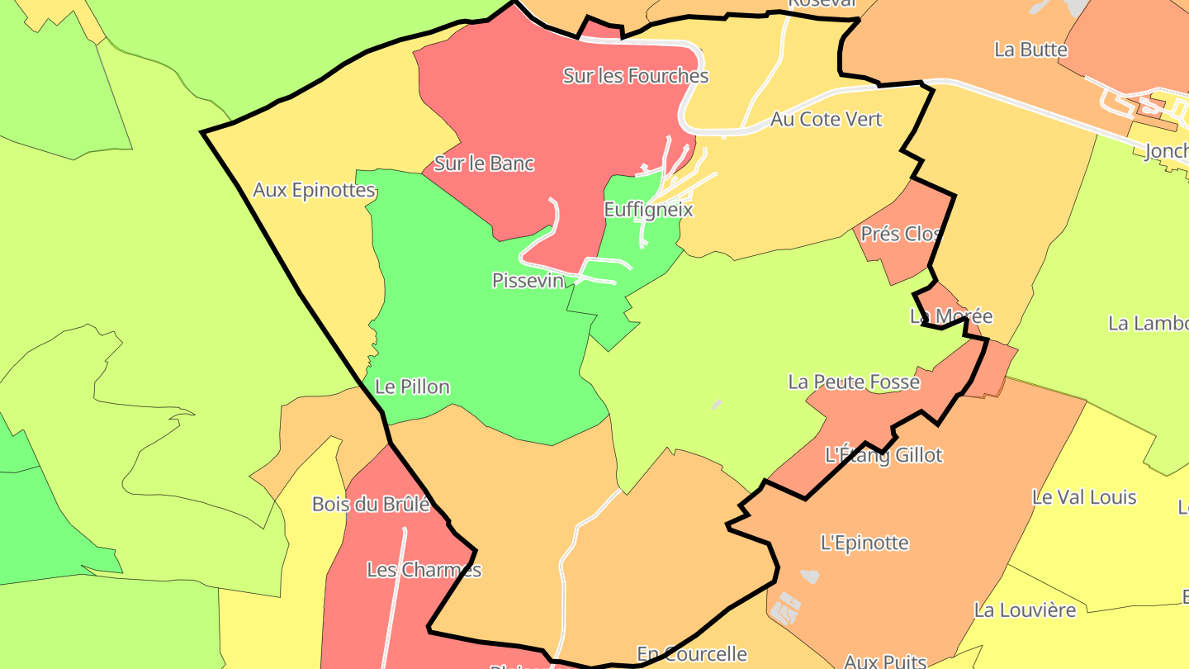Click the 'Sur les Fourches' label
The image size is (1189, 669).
click(636, 76)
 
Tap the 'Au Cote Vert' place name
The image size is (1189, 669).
click(826, 119)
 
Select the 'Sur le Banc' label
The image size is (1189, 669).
click(484, 164)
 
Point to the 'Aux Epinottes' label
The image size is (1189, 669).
click(314, 190)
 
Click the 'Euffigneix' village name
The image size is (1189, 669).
click(648, 210)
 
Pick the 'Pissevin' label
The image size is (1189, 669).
click(528, 281)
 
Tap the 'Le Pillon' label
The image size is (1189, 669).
click(412, 387)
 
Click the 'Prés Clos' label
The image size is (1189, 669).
click(901, 234)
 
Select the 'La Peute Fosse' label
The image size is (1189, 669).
click(854, 382)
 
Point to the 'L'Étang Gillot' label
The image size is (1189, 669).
click(883, 455)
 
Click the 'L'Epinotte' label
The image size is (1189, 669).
click(865, 543)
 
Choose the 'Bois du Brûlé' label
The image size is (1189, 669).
click(371, 504)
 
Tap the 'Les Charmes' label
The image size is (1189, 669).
click(424, 570)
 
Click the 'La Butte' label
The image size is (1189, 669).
click(1030, 50)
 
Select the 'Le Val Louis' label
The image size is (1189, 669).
click(1084, 497)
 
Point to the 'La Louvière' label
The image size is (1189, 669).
click(1025, 610)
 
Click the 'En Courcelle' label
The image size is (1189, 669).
click(692, 654)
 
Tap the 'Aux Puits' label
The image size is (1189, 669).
click(885, 661)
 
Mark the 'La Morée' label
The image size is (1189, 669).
click(951, 316)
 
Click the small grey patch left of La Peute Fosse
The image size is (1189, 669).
click(716, 405)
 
